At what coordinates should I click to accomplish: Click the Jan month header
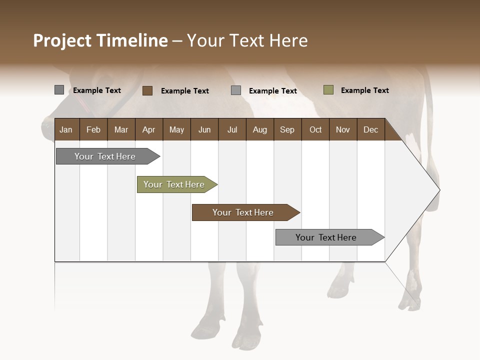click(66, 129)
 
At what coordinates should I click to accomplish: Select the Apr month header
click(149, 129)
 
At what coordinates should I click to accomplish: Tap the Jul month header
click(232, 129)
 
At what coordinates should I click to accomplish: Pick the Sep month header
click(287, 129)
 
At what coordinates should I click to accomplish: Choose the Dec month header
click(370, 129)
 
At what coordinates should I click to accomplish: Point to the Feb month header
click(93, 129)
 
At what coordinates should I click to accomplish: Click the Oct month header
click(315, 129)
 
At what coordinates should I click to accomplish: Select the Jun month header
click(204, 129)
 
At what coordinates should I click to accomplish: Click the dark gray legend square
click(59, 90)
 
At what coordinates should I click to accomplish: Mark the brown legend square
click(147, 90)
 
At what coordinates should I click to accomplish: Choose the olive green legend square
click(328, 90)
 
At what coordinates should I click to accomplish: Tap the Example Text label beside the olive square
click(364, 90)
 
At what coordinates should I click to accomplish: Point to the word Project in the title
click(62, 40)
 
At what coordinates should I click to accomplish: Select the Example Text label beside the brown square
click(184, 90)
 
